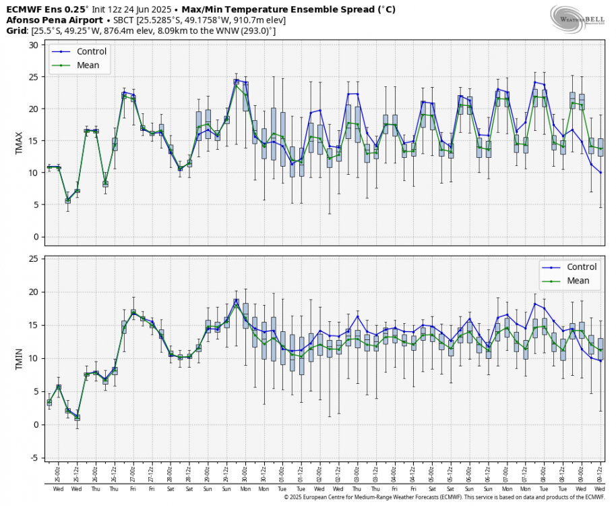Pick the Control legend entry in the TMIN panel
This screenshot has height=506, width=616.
coord(578,267)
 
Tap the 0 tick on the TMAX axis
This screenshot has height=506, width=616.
coord(35,237)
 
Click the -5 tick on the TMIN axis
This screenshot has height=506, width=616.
coord(34,458)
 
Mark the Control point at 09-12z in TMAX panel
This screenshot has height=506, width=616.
coord(600,173)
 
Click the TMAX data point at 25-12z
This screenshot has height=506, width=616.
coord(77,191)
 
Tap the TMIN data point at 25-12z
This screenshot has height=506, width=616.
coord(77,418)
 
